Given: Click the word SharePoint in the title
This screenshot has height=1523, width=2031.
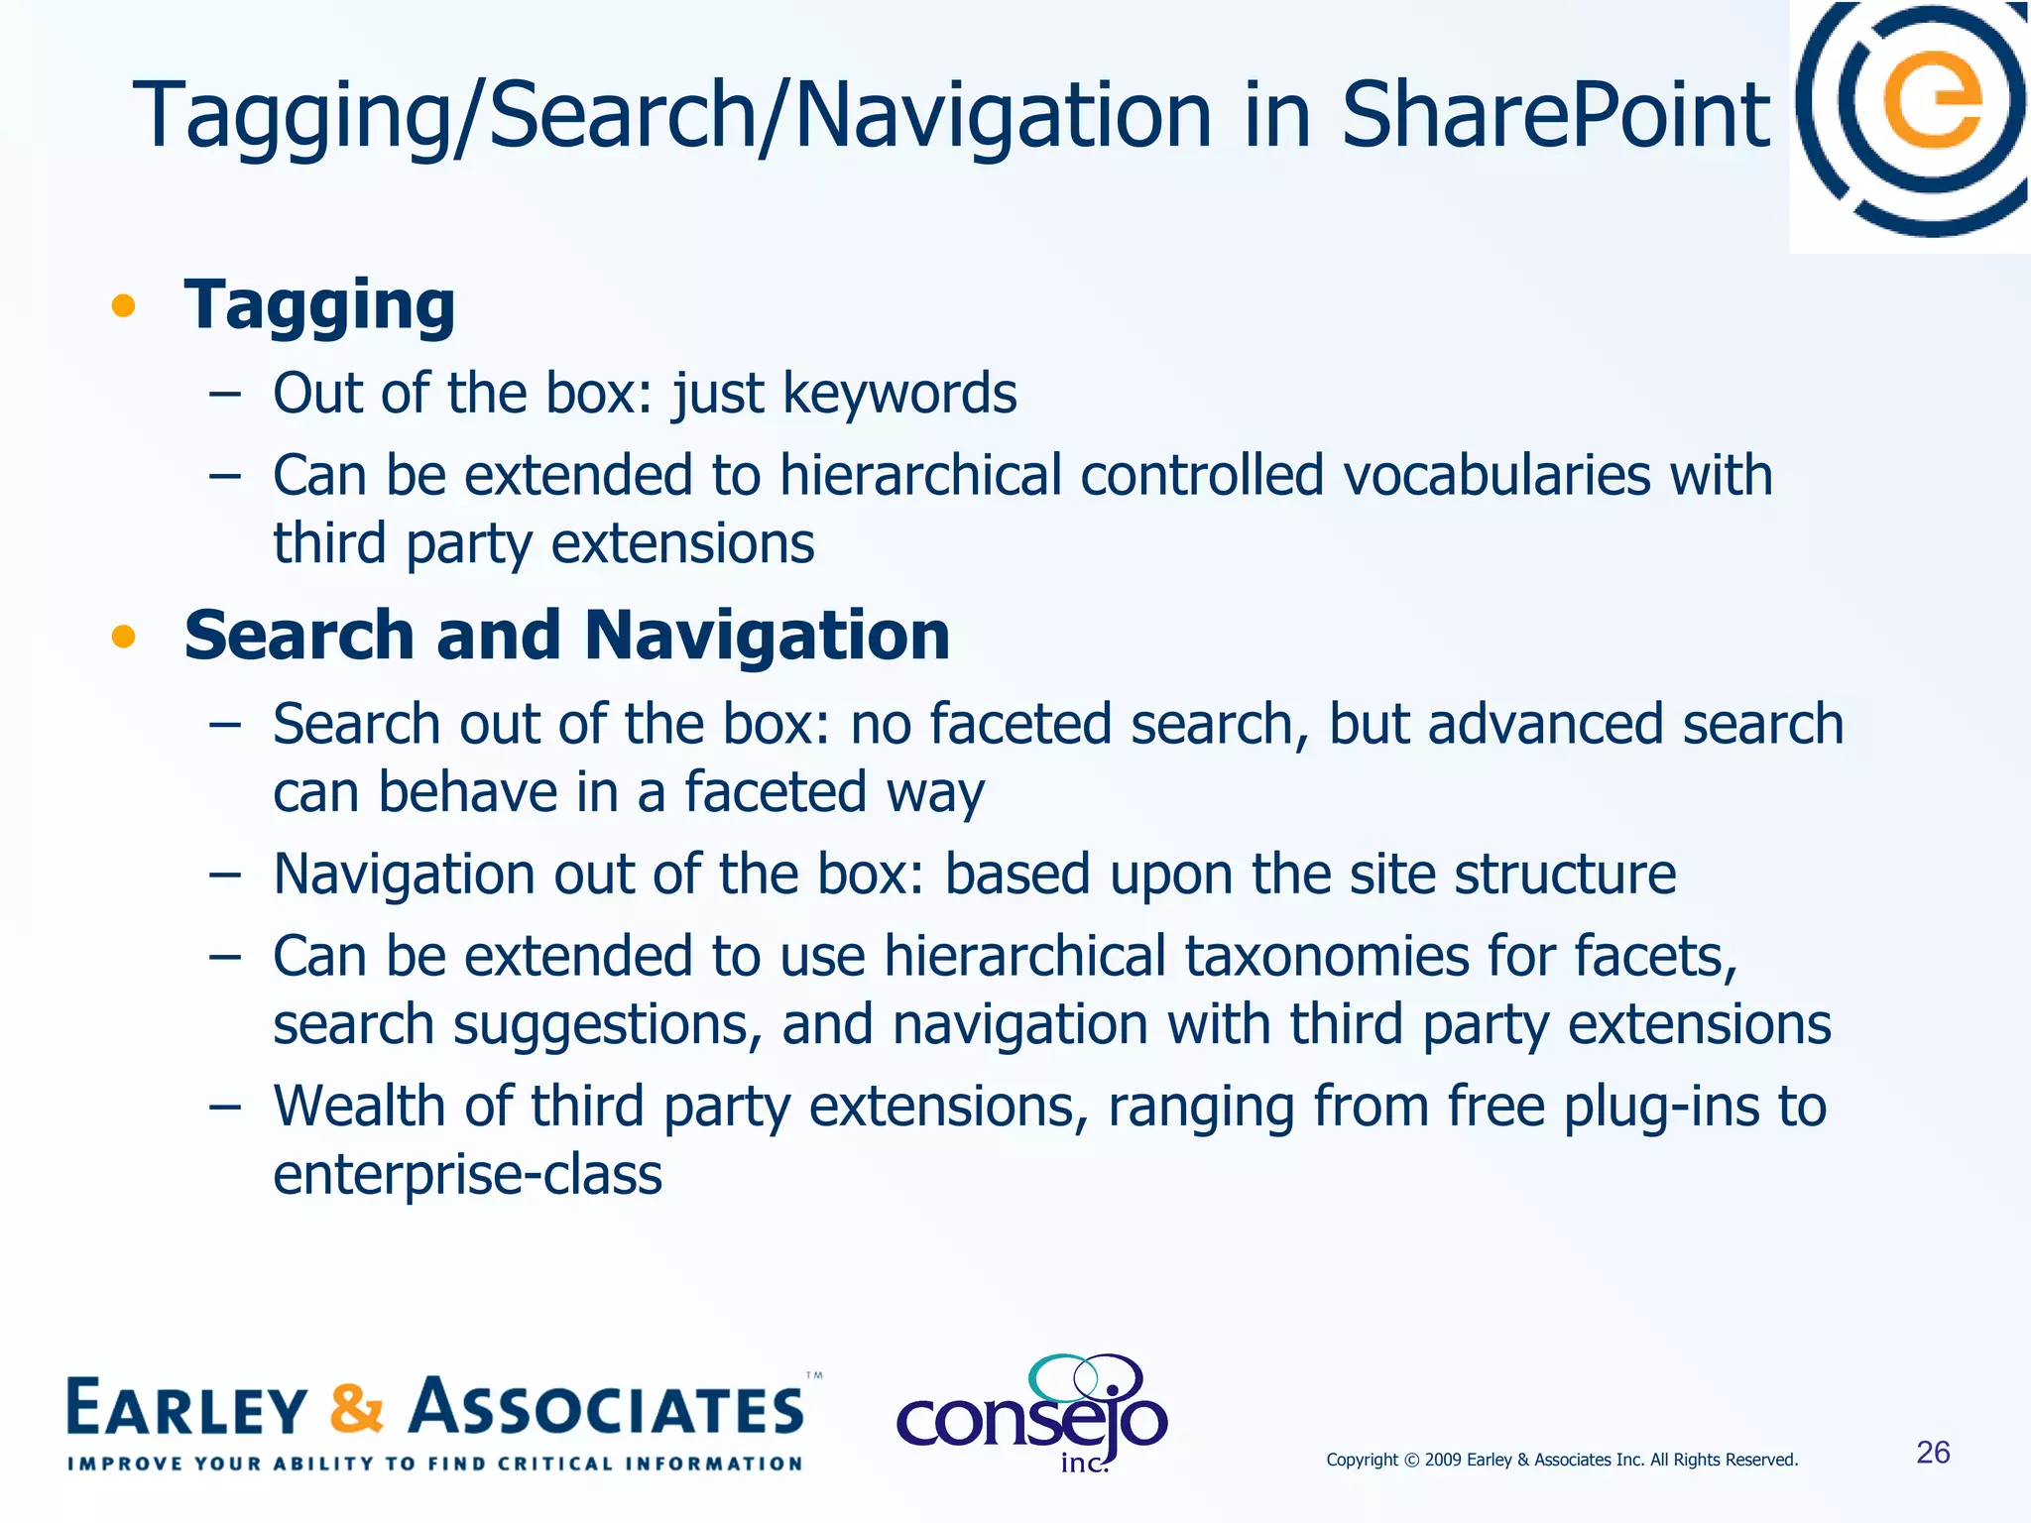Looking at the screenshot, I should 1554,116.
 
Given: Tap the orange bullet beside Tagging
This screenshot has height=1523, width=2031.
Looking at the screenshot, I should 123,305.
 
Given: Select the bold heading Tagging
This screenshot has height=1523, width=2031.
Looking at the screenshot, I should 319,305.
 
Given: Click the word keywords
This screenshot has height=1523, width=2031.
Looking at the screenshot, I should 899,394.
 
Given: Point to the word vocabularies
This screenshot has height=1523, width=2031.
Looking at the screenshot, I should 1496,475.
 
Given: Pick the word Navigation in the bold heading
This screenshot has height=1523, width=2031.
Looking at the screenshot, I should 767,636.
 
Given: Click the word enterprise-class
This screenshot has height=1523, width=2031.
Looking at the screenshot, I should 467,1175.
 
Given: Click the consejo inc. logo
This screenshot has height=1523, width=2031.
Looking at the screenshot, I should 1032,1415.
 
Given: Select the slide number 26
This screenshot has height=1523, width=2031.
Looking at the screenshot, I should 1933,1453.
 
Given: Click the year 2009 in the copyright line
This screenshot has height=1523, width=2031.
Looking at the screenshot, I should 1443,1460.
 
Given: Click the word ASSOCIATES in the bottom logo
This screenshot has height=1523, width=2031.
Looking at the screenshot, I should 607,1408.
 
